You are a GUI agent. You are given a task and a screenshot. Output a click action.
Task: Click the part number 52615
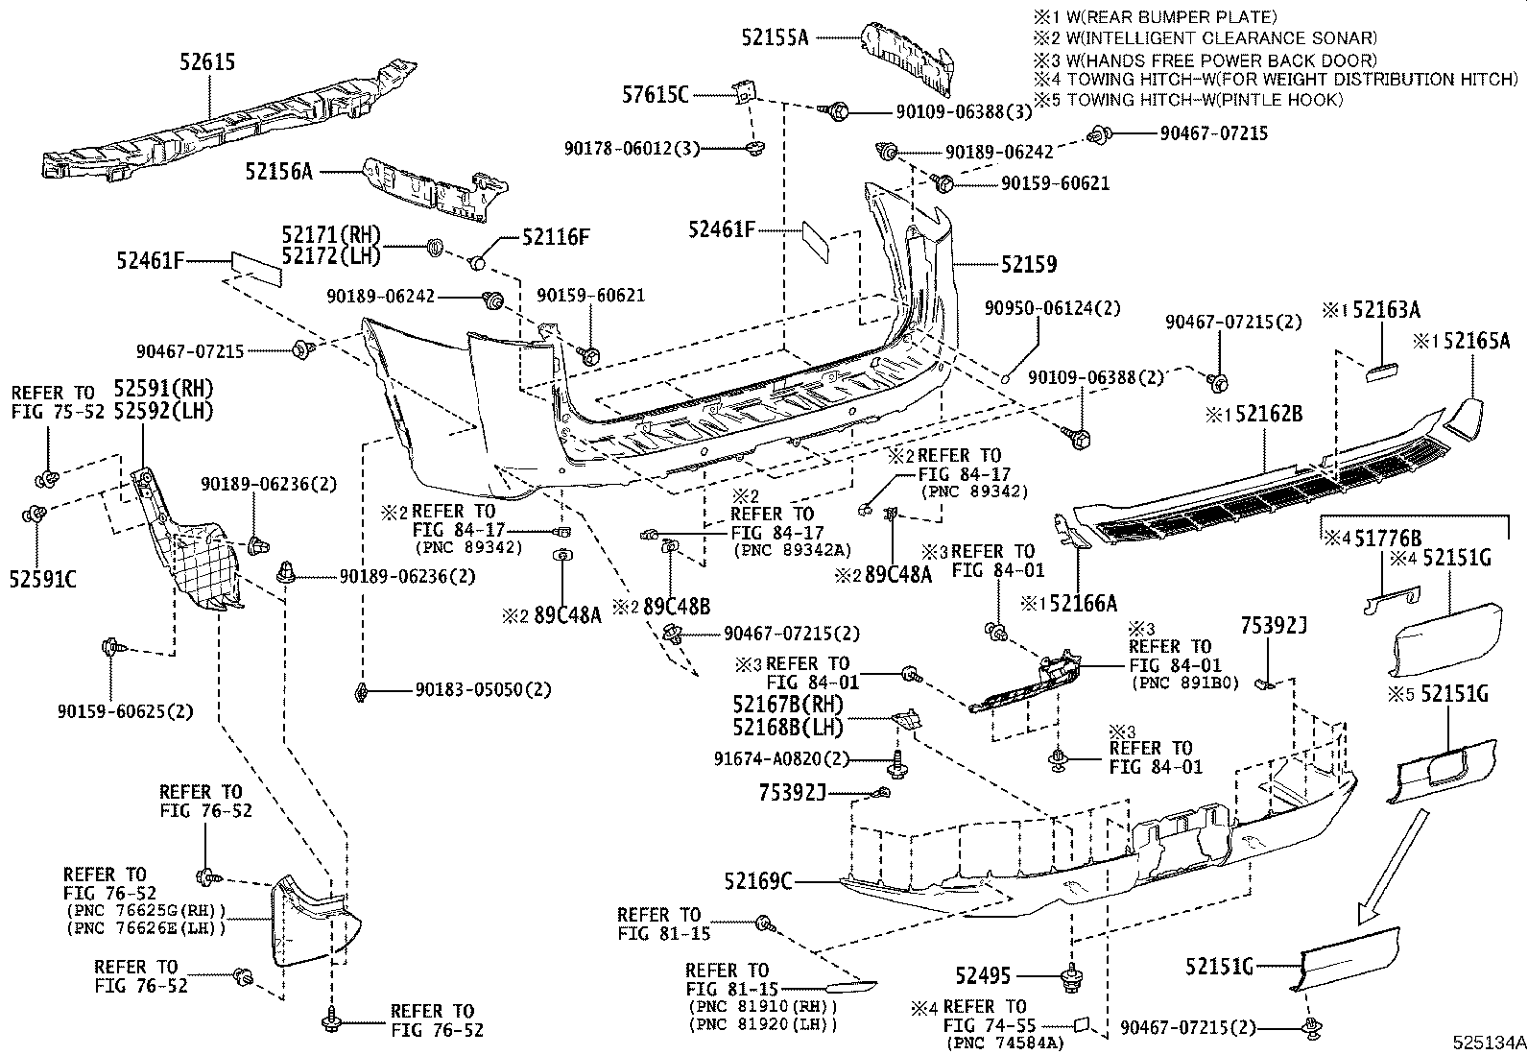point(207,62)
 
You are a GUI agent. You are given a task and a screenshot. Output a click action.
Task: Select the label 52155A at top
point(775,37)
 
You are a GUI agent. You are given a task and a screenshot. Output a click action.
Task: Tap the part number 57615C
point(656,94)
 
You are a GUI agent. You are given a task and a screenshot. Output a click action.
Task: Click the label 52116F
point(556,236)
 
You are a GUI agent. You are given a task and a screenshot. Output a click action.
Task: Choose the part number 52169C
point(758,880)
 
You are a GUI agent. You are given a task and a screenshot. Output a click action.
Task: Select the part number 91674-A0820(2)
point(782,758)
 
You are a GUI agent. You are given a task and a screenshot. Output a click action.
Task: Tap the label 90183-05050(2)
point(484,689)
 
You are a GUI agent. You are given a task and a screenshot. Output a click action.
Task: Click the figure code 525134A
point(1487,1042)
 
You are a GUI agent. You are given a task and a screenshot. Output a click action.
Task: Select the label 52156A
point(278,172)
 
